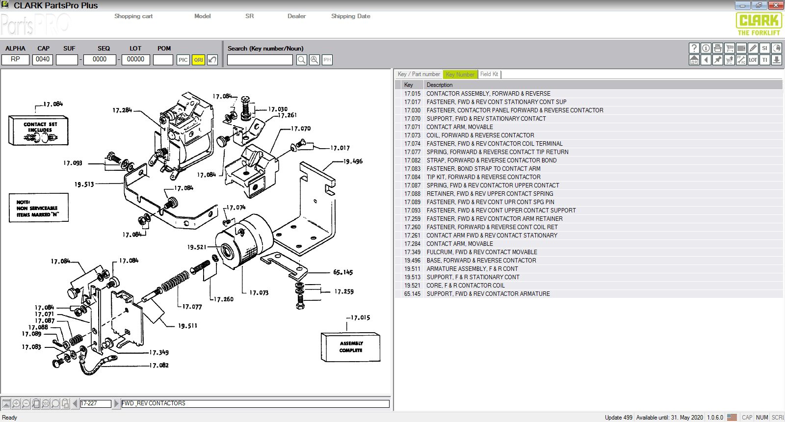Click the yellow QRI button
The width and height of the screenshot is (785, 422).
tap(198, 60)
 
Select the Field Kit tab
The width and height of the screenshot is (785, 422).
tap(489, 74)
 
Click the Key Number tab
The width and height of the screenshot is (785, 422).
tap(460, 75)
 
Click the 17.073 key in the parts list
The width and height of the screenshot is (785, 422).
tap(412, 135)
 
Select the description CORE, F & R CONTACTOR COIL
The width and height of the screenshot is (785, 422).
tap(465, 286)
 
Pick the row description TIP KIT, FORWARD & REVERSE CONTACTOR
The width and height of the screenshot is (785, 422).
tap(483, 177)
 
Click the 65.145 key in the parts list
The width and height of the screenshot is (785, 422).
tap(412, 294)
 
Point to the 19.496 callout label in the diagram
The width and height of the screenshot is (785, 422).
tap(353, 161)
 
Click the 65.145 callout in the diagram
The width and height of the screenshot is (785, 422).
tap(343, 272)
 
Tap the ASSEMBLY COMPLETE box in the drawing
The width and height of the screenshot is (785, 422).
tap(351, 347)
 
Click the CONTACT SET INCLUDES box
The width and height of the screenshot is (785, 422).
tap(38, 131)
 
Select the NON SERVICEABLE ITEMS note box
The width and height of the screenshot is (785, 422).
tap(38, 208)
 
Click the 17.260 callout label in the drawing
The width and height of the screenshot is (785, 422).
tap(224, 299)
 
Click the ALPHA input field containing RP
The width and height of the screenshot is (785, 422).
tap(16, 59)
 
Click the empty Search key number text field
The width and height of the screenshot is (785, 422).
tap(260, 60)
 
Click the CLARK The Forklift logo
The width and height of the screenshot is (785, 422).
tap(759, 24)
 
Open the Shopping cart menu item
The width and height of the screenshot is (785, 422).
tap(133, 16)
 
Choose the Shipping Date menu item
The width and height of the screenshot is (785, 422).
tap(350, 16)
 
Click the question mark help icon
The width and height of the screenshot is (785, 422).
tap(694, 48)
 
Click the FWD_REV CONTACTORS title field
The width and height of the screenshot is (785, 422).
tap(255, 403)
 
